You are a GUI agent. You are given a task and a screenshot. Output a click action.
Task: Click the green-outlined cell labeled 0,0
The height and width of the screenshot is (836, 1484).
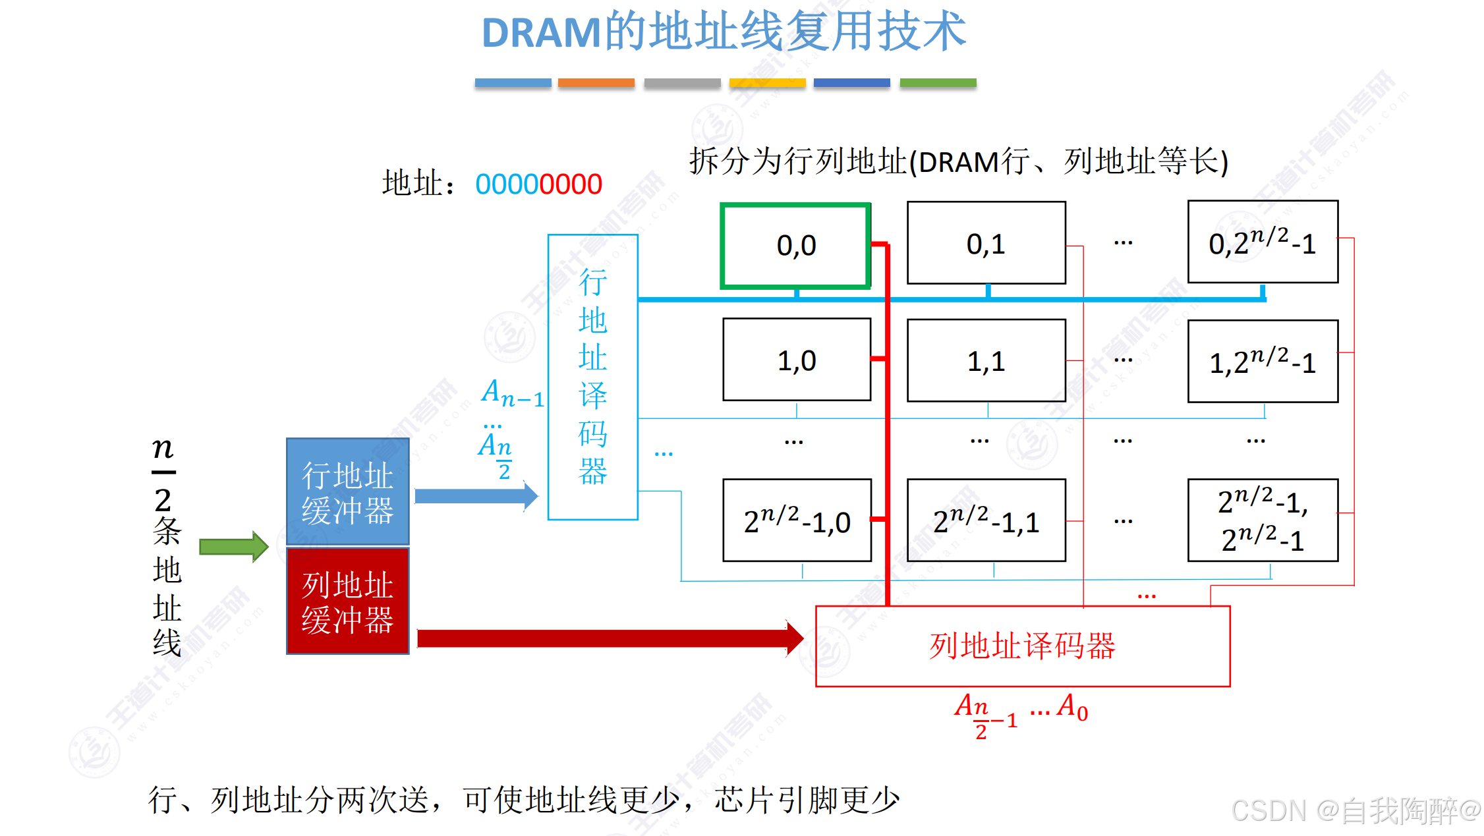tap(795, 246)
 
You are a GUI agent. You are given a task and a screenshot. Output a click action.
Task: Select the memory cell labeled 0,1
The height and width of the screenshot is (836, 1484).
tap(986, 243)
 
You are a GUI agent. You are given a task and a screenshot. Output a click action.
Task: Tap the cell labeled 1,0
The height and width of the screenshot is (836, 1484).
tap(796, 360)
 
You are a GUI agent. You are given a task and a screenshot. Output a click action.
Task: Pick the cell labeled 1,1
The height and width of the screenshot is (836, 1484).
tap(986, 360)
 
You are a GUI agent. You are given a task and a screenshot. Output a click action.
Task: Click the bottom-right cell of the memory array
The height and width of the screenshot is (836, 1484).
tap(1262, 520)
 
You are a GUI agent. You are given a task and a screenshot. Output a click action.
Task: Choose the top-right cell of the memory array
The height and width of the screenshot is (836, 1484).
tap(1262, 242)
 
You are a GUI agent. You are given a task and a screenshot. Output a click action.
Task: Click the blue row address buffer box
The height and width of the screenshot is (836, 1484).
tap(347, 491)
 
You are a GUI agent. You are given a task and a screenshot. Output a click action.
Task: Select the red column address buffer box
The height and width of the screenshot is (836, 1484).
tap(347, 601)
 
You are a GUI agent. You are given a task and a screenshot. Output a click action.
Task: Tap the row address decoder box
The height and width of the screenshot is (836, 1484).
tap(592, 377)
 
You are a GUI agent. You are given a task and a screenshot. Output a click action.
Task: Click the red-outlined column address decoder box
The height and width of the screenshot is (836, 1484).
tap(1022, 646)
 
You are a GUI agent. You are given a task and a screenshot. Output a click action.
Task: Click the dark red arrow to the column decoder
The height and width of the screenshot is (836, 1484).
tap(610, 638)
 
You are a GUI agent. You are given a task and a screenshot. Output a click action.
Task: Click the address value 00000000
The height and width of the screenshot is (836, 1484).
tap(538, 184)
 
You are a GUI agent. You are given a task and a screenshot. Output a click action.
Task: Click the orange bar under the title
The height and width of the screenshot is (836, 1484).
tap(596, 83)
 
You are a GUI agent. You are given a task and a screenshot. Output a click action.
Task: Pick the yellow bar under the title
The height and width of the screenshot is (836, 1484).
tap(767, 83)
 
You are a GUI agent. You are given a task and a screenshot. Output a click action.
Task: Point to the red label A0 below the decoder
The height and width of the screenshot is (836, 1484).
tap(1072, 708)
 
